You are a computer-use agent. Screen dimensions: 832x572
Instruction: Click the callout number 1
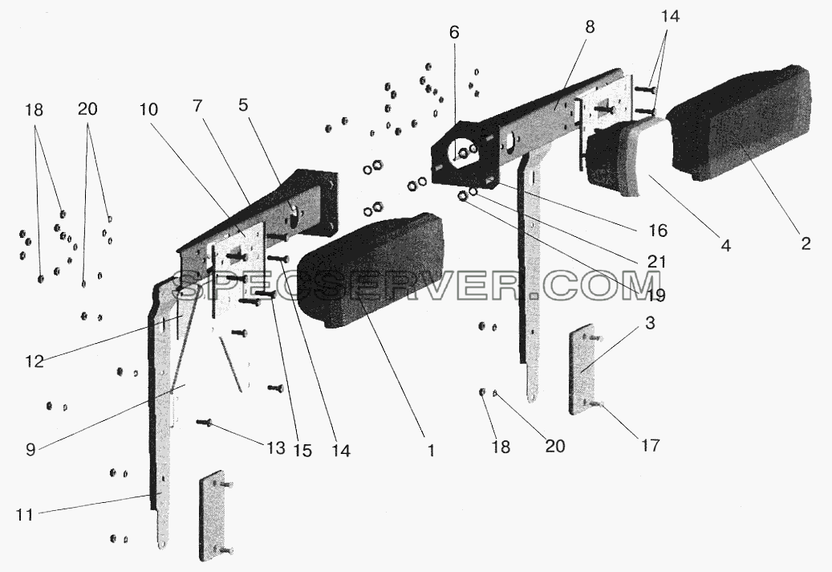tap(432, 451)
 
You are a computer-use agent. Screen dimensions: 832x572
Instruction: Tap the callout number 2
tap(806, 243)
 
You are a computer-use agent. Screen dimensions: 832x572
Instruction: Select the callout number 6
tap(454, 32)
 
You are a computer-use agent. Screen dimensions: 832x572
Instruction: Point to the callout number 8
tap(590, 27)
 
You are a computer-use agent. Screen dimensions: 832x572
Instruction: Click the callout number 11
tap(25, 515)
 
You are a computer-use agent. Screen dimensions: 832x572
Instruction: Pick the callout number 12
tap(34, 362)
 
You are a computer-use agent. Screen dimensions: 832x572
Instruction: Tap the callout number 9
tap(30, 449)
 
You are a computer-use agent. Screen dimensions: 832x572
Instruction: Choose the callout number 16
tap(657, 231)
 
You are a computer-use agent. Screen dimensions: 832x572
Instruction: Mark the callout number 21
tap(656, 261)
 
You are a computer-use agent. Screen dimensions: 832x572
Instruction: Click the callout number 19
tap(656, 295)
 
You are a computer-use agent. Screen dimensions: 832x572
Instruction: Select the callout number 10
tap(149, 109)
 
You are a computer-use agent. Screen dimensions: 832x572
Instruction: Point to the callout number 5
tap(243, 104)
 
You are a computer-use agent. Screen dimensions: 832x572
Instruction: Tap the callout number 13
tap(275, 448)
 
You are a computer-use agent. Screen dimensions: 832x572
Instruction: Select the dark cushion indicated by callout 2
tap(739, 122)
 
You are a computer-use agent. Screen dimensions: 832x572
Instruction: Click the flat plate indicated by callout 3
tap(582, 370)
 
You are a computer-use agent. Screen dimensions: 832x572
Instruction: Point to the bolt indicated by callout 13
tap(205, 423)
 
